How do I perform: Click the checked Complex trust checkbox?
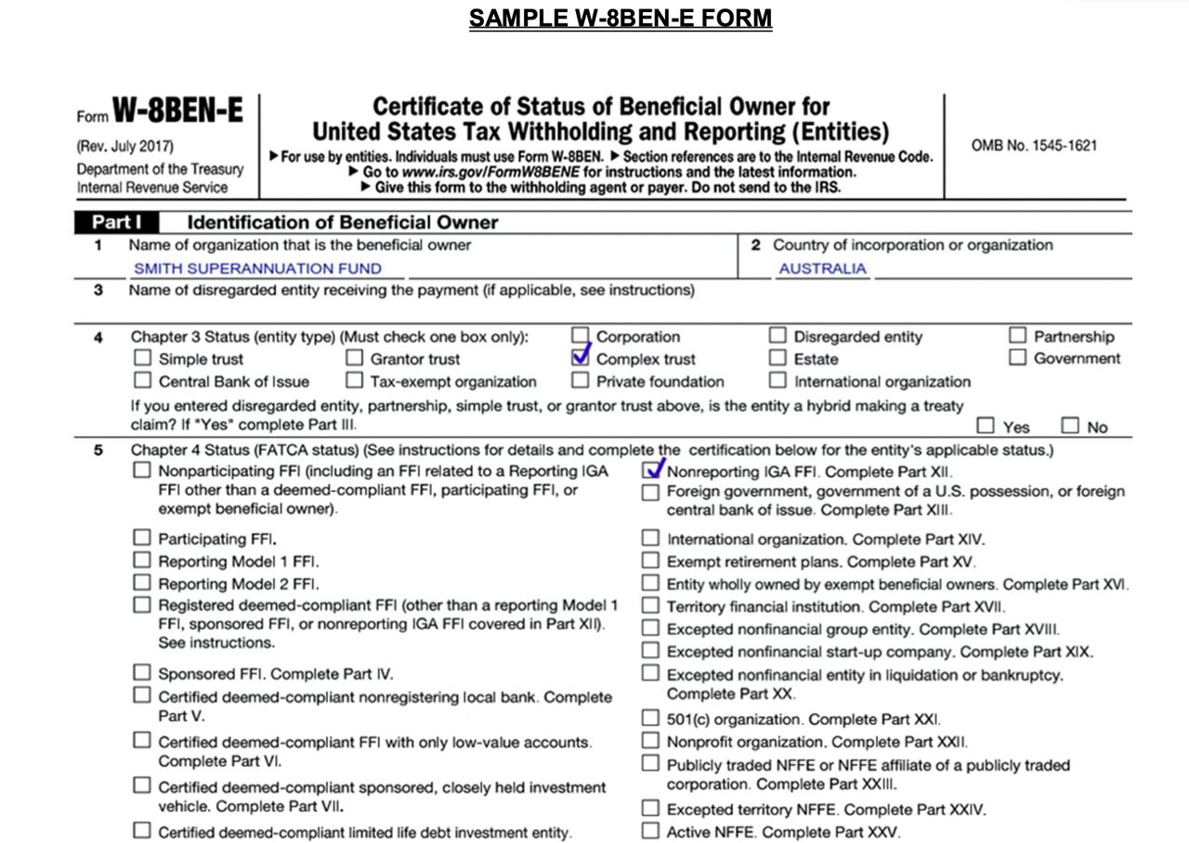click(x=581, y=357)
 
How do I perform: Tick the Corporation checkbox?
click(x=581, y=335)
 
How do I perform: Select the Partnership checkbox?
click(x=1018, y=335)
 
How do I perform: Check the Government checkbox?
click(x=1018, y=357)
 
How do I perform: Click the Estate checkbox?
click(x=778, y=357)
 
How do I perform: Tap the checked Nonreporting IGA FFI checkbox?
click(x=651, y=471)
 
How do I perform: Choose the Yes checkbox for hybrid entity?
click(x=986, y=426)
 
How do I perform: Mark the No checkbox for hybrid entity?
click(x=1070, y=426)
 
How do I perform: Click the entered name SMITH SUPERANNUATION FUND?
click(x=257, y=268)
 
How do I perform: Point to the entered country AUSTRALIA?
click(x=822, y=268)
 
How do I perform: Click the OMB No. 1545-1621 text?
click(x=1034, y=146)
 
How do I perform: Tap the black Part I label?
click(x=111, y=223)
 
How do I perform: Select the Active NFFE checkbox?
click(x=650, y=831)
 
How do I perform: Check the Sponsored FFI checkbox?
click(x=141, y=672)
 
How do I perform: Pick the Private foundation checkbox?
click(x=581, y=380)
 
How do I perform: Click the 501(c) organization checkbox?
click(x=650, y=718)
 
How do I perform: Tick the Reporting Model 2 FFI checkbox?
click(x=141, y=583)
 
